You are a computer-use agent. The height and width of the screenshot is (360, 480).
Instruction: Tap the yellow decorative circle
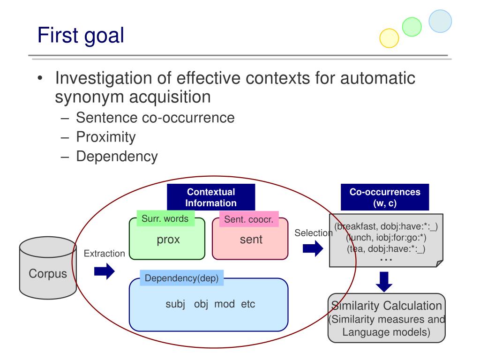[389, 38]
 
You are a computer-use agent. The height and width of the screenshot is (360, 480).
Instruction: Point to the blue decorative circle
[440, 21]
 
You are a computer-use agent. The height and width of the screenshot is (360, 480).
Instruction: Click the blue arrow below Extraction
[104, 271]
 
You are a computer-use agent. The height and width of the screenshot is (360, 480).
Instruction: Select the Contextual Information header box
[211, 197]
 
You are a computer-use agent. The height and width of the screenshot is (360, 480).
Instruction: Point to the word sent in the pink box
[251, 240]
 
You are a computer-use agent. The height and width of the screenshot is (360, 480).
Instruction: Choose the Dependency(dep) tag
[181, 278]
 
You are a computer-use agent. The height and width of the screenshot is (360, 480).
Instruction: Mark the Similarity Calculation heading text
[386, 306]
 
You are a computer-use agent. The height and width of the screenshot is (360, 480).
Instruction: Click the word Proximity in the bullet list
[106, 137]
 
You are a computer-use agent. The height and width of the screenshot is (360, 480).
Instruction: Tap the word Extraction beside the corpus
[104, 254]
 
